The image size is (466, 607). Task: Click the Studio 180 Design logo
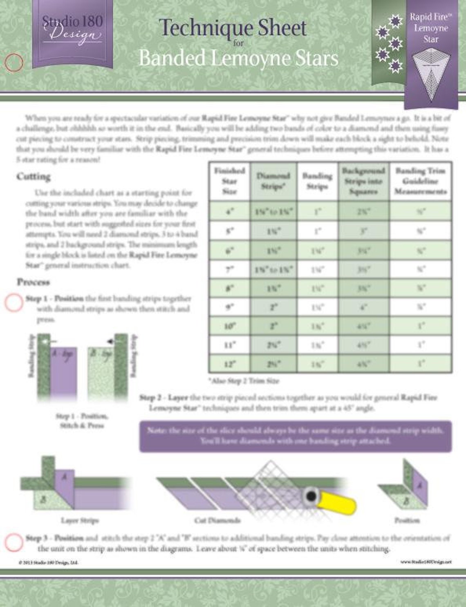pyautogui.click(x=72, y=29)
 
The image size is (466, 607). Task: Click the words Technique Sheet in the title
pyautogui.click(x=233, y=28)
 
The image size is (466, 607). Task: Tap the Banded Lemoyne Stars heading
pyautogui.click(x=238, y=58)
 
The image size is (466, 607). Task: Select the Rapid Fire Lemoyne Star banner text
pyautogui.click(x=430, y=28)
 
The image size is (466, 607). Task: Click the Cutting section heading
pyautogui.click(x=34, y=177)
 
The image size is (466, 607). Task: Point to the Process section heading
pyautogui.click(x=33, y=282)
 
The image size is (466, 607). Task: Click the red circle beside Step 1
pyautogui.click(x=13, y=303)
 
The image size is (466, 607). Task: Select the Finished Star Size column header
pyautogui.click(x=229, y=181)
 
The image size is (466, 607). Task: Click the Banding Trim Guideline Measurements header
pyautogui.click(x=420, y=181)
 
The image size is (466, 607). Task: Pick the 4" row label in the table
pyautogui.click(x=229, y=212)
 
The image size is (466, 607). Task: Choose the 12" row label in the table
pyautogui.click(x=229, y=363)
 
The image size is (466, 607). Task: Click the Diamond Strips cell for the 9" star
pyautogui.click(x=273, y=307)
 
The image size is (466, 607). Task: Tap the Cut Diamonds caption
pyautogui.click(x=217, y=520)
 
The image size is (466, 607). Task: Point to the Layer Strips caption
pyautogui.click(x=80, y=520)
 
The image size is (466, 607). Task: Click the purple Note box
pyautogui.click(x=295, y=436)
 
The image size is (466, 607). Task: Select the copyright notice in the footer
pyautogui.click(x=48, y=562)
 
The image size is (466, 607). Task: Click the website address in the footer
pyautogui.click(x=426, y=562)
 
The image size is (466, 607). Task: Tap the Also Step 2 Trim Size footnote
pyautogui.click(x=244, y=381)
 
